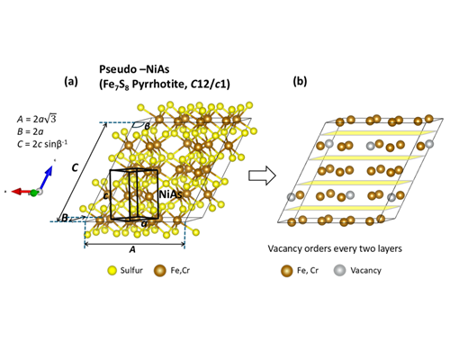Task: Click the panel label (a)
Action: pos(71,81)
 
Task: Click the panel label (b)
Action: pos(300,81)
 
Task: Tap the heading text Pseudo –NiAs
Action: pos(134,69)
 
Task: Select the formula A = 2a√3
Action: pos(37,119)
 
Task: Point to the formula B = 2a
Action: pos(31,131)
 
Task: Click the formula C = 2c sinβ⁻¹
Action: pos(42,144)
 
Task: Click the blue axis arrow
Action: pos(46,178)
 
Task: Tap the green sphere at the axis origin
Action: pos(34,193)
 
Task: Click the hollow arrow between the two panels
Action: pos(262,176)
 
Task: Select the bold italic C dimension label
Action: pos(75,167)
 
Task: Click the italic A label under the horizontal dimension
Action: pos(132,249)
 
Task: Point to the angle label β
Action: pos(147,127)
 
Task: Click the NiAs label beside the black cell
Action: pos(170,194)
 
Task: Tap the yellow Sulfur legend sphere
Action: pos(112,271)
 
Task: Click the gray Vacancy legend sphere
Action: pos(339,271)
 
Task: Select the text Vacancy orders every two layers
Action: pos(335,248)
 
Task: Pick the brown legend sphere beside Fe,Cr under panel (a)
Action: pos(160,271)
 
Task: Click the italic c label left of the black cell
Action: pos(105,195)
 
